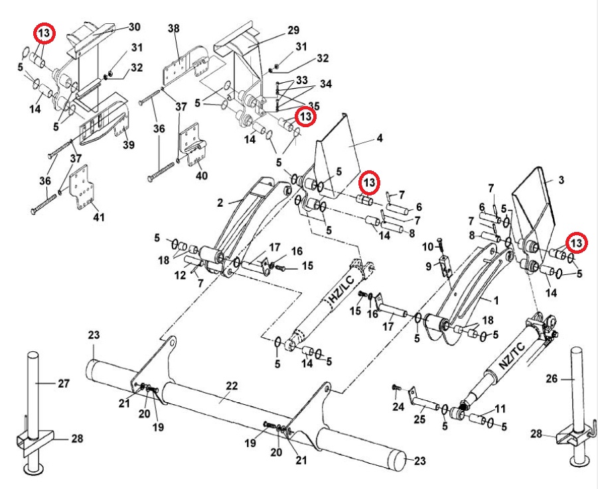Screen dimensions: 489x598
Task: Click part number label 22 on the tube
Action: [231, 386]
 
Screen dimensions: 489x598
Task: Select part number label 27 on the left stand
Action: [63, 383]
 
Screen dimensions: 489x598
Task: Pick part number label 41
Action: [98, 217]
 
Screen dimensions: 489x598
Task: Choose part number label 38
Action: [174, 29]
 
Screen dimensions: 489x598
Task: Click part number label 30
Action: [134, 27]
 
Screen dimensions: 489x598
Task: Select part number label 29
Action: [293, 29]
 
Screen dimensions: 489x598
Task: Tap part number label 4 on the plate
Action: [379, 139]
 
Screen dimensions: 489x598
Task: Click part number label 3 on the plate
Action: [561, 180]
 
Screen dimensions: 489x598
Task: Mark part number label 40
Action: [201, 176]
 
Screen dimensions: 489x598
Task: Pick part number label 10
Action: [427, 246]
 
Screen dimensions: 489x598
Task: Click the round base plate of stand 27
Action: [33, 470]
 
